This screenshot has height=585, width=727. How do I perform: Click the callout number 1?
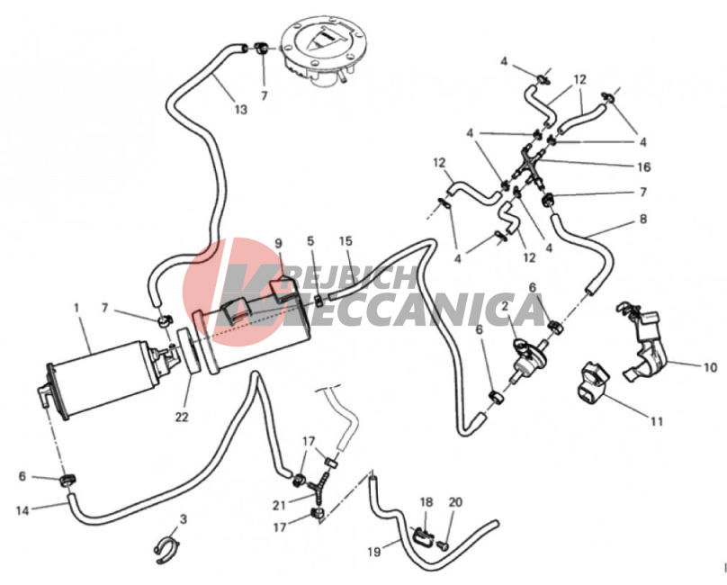(76, 308)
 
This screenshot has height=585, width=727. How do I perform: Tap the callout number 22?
(182, 417)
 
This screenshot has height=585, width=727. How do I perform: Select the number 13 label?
(241, 110)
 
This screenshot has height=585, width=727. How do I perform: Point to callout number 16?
(644, 167)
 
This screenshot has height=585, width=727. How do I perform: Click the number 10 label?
(710, 367)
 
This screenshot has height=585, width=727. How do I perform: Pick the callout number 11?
(657, 422)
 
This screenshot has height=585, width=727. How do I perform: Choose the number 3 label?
(184, 519)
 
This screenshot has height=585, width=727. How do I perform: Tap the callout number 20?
(455, 502)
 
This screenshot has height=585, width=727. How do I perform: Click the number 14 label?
(22, 511)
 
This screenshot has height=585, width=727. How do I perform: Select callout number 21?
(279, 505)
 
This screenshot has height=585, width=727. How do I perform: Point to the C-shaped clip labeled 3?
(166, 550)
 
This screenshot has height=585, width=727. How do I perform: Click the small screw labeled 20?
(443, 546)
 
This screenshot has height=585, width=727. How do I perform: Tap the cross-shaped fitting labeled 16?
(528, 167)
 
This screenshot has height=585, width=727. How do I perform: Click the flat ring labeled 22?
(190, 350)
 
